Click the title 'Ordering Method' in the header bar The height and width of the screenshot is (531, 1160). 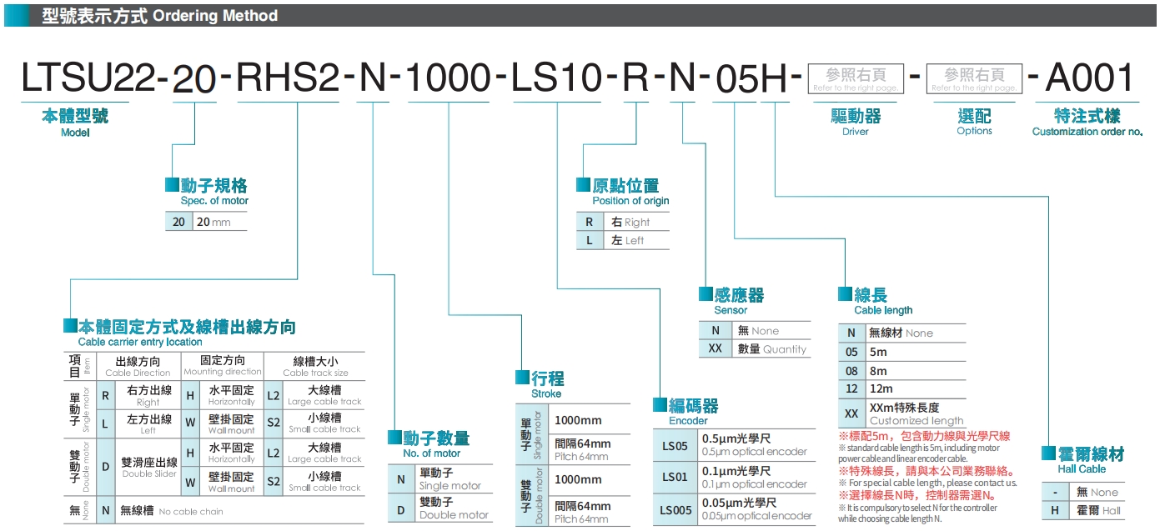click(x=215, y=16)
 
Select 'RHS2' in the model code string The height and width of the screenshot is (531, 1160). click(x=289, y=78)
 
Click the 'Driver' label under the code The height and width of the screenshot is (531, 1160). click(x=855, y=131)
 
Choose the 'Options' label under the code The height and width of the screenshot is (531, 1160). click(x=974, y=131)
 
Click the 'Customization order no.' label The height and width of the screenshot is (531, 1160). click(x=1087, y=131)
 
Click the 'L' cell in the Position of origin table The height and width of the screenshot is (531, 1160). click(x=589, y=240)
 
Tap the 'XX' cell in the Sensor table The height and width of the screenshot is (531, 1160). click(x=715, y=348)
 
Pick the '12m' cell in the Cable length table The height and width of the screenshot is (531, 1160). click(x=881, y=388)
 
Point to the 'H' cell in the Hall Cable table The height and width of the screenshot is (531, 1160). click(x=1055, y=510)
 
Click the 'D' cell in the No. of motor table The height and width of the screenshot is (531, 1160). click(x=400, y=508)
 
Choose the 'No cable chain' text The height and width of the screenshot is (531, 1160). click(x=191, y=511)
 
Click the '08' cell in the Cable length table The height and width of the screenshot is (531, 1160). click(x=851, y=371)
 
